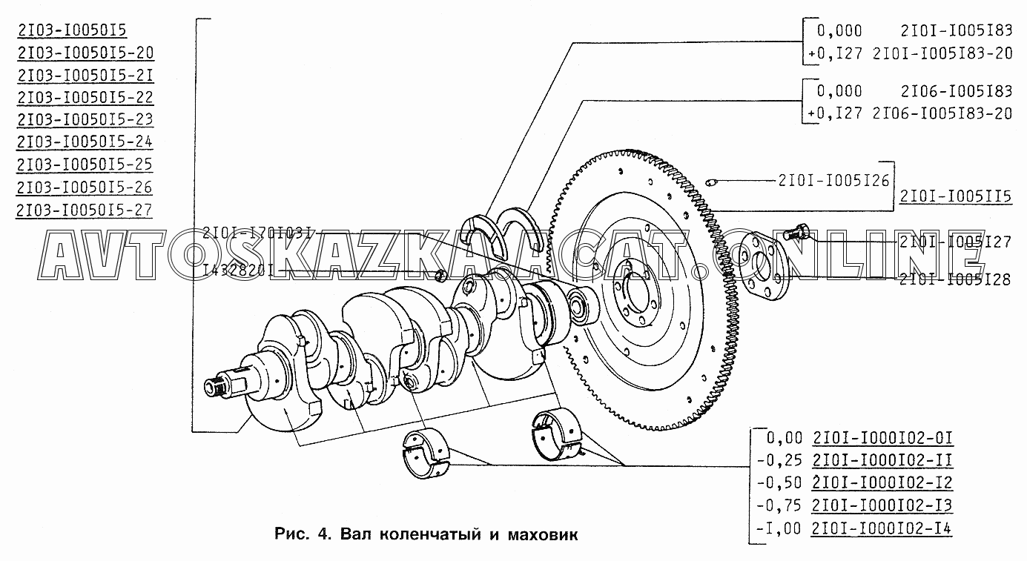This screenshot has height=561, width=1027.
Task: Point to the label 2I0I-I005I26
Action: tap(833, 179)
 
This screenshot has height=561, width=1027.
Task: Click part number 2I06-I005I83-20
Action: tap(942, 113)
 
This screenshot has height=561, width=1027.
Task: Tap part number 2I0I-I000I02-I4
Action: tap(882, 528)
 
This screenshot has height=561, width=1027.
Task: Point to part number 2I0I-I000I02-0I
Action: tap(882, 436)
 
